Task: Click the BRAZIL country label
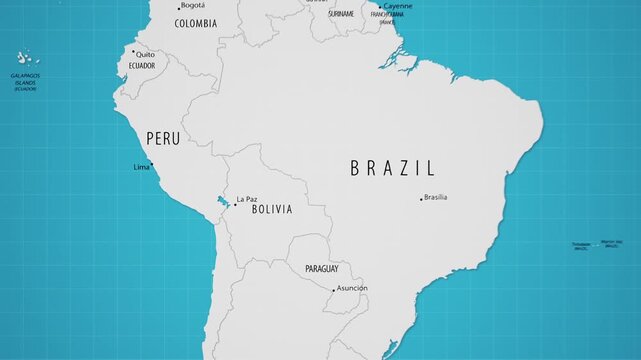click(392, 168)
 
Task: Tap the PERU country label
click(163, 139)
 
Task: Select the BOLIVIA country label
click(272, 210)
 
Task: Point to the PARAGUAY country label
click(313, 269)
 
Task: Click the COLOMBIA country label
click(195, 23)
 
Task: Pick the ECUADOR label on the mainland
click(142, 66)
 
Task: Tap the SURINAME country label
click(341, 14)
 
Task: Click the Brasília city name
click(436, 197)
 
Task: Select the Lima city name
click(141, 167)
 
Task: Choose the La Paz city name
click(247, 199)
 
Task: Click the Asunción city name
click(352, 288)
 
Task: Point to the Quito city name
click(146, 54)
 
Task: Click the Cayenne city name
click(397, 6)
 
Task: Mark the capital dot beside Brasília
click(421, 199)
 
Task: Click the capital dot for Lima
click(152, 167)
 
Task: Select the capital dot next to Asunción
click(333, 290)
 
